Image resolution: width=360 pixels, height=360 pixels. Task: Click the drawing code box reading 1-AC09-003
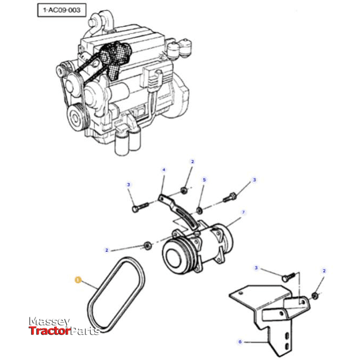(x=61, y=10)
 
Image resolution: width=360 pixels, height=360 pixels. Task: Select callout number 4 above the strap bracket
(x=164, y=170)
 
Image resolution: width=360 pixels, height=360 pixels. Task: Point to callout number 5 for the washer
(x=204, y=179)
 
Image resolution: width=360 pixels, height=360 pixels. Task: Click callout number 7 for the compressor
(x=243, y=212)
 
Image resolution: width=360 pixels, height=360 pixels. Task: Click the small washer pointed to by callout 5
(x=199, y=208)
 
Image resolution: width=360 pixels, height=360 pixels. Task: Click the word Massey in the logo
(x=49, y=321)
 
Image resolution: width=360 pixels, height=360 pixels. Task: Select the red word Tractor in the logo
(x=49, y=331)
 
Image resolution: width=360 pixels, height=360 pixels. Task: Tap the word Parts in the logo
(x=85, y=331)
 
